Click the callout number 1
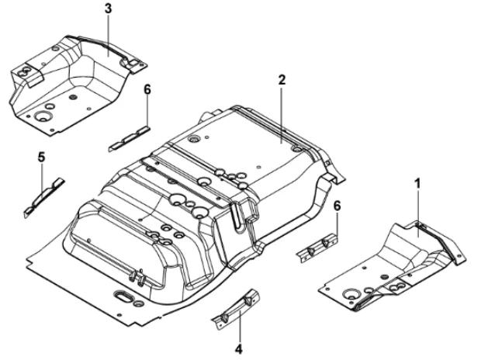[x=418, y=185]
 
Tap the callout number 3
[x=107, y=9]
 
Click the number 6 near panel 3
[x=147, y=90]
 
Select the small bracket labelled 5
[x=43, y=197]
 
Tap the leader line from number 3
[x=107, y=31]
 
